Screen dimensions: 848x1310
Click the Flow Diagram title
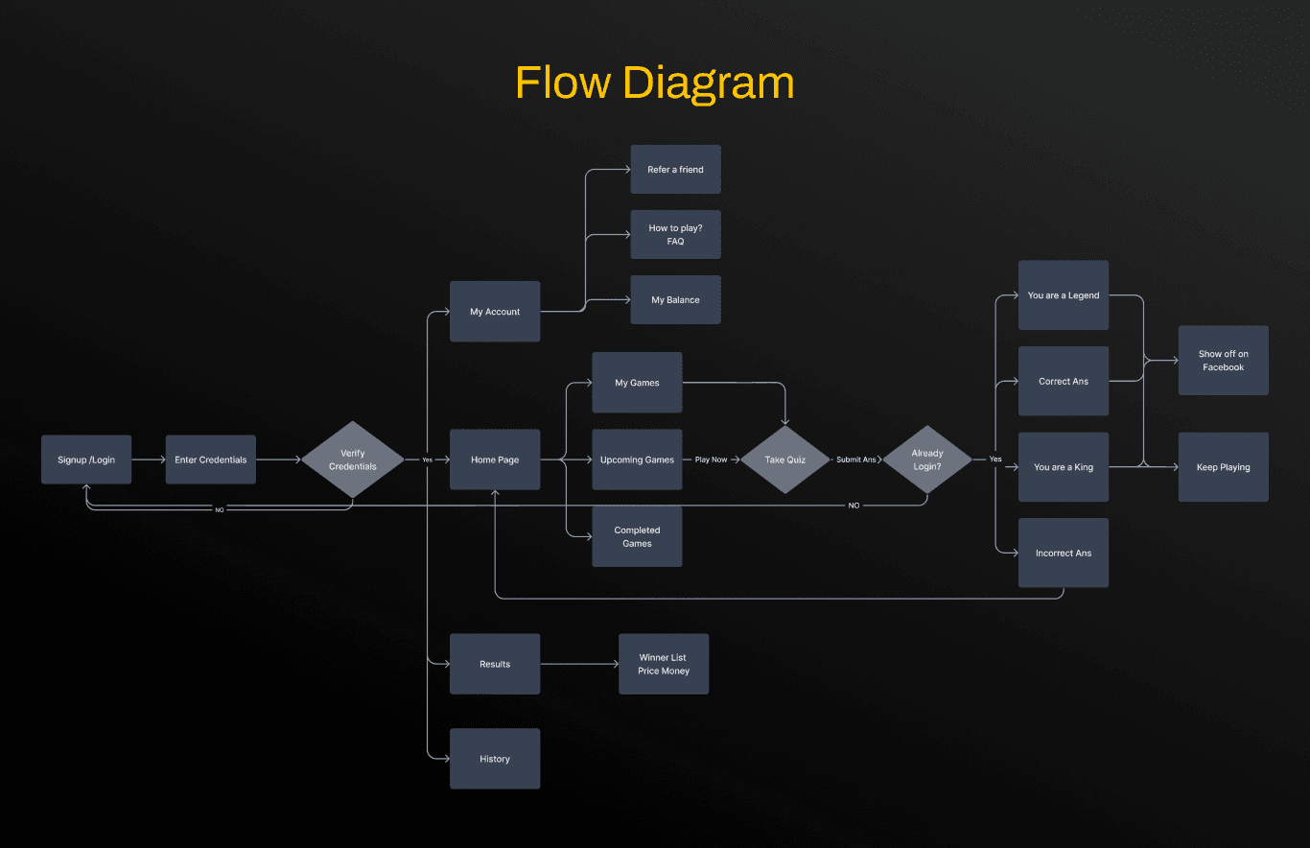pyautogui.click(x=654, y=82)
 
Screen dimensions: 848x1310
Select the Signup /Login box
pyautogui.click(x=86, y=459)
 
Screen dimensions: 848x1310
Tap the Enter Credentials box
pyautogui.click(x=210, y=459)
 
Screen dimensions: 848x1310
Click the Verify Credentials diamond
pyautogui.click(x=353, y=459)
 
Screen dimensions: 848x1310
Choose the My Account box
pyautogui.click(x=495, y=312)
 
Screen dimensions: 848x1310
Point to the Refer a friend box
pyautogui.click(x=675, y=170)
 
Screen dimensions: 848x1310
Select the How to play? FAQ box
pyautogui.click(x=675, y=235)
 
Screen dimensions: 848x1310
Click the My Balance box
pyautogui.click(x=675, y=300)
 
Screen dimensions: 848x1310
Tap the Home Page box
pyautogui.click(x=495, y=459)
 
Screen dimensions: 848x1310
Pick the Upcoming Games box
pyautogui.click(x=637, y=459)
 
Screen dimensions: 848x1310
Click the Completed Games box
pyautogui.click(x=637, y=536)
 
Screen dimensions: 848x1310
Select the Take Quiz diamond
pyautogui.click(x=784, y=459)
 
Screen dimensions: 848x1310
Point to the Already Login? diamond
pyautogui.click(x=927, y=459)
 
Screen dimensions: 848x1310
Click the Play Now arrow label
pyautogui.click(x=711, y=459)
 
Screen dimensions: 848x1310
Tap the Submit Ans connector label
pyautogui.click(x=855, y=459)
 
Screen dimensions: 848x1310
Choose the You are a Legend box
pyautogui.click(x=1064, y=295)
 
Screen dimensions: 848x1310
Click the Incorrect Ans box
pyautogui.click(x=1064, y=553)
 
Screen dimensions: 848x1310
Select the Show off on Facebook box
pyautogui.click(x=1223, y=361)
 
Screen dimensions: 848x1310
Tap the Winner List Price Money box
pyautogui.click(x=664, y=664)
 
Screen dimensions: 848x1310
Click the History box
pyautogui.click(x=495, y=759)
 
